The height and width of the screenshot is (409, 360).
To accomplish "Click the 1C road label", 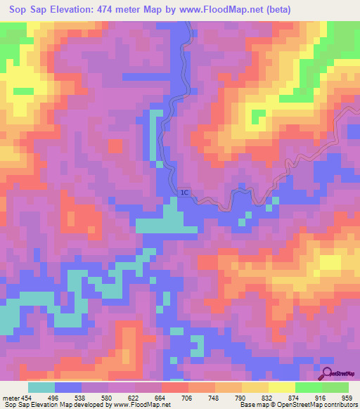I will coord(184,191).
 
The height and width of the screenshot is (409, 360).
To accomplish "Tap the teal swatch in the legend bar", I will coord(41,387).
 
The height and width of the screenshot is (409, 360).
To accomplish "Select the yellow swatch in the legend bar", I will coord(281,387).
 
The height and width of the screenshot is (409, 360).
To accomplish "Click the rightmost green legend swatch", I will coord(335,387).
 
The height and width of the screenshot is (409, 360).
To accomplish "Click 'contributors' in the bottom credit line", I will coord(341,405).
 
